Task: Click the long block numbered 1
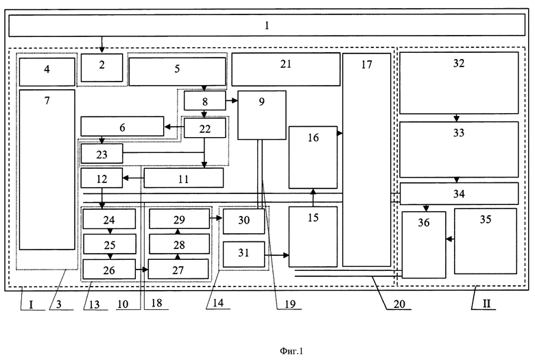pyautogui.click(x=267, y=25)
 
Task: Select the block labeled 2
pyautogui.click(x=102, y=68)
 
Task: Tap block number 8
pyautogui.click(x=204, y=101)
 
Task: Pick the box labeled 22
pyautogui.click(x=204, y=128)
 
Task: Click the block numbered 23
pyautogui.click(x=102, y=154)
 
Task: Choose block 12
pyautogui.click(x=102, y=178)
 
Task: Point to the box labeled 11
pyautogui.click(x=184, y=178)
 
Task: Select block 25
pyautogui.click(x=110, y=244)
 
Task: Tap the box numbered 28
pyautogui.click(x=179, y=244)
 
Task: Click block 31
pyautogui.click(x=243, y=254)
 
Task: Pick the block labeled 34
pyautogui.click(x=459, y=193)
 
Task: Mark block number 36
pyautogui.click(x=424, y=245)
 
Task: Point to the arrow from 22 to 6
pyautogui.click(x=174, y=127)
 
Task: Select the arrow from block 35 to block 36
pyautogui.click(x=450, y=239)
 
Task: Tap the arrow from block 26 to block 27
pyautogui.click(x=142, y=269)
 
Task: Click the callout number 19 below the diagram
pyautogui.click(x=290, y=304)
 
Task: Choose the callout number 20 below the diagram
pyautogui.click(x=399, y=304)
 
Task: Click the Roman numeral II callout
pyautogui.click(x=486, y=304)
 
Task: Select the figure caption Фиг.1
pyautogui.click(x=292, y=351)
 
